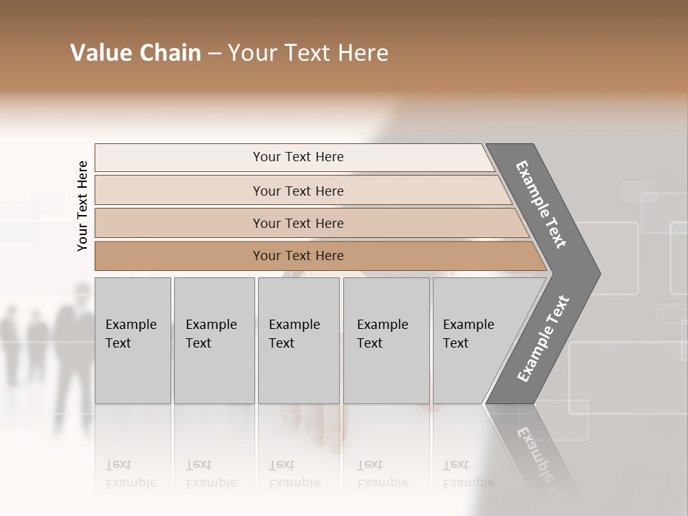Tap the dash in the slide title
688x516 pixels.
pos(214,54)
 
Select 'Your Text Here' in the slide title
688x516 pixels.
pos(308,53)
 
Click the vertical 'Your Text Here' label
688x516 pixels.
pos(82,206)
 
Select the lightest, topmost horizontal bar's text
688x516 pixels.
pos(298,157)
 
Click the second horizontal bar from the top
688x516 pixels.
pos(298,191)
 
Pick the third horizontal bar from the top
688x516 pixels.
pos(298,223)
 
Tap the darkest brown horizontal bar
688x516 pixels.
pos(298,256)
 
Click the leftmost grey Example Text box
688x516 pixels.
pos(133,340)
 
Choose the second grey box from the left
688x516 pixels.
pos(214,340)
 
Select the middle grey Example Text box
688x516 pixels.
pos(298,340)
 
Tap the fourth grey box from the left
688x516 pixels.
pos(386,340)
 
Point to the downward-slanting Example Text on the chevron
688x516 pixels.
pos(541,204)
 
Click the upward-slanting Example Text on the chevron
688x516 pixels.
pos(543,339)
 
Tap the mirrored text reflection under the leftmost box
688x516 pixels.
pos(130,474)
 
